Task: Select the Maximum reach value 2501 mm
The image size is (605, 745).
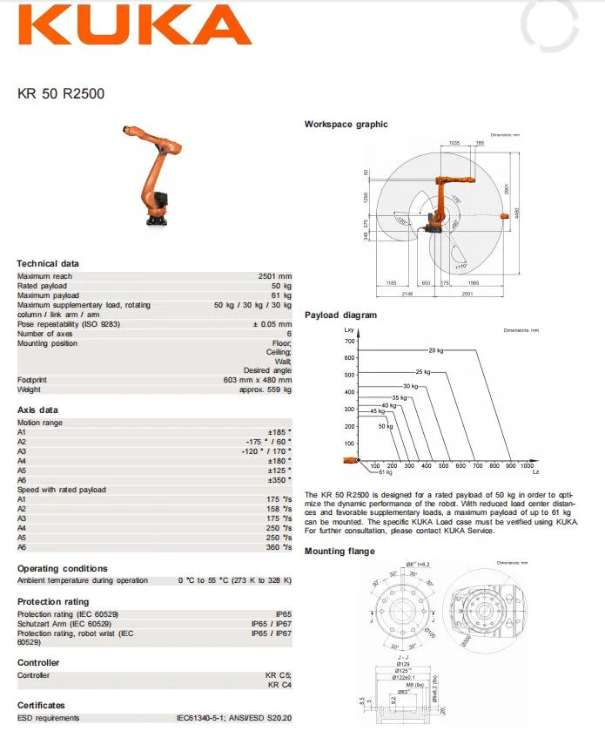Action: [x=275, y=276]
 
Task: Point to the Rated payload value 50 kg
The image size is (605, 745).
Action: [x=281, y=286]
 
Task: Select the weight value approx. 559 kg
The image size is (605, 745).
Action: [x=265, y=389]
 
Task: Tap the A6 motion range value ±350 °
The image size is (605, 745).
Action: [x=279, y=480]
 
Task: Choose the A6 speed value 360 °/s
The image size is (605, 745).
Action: [x=279, y=547]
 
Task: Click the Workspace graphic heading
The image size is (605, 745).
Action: [x=346, y=125]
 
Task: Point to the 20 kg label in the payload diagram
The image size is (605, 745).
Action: [x=437, y=349]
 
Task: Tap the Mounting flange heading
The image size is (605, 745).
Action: [x=339, y=552]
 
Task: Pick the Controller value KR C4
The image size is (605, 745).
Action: [x=279, y=685]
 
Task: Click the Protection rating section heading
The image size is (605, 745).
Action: [x=53, y=601]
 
